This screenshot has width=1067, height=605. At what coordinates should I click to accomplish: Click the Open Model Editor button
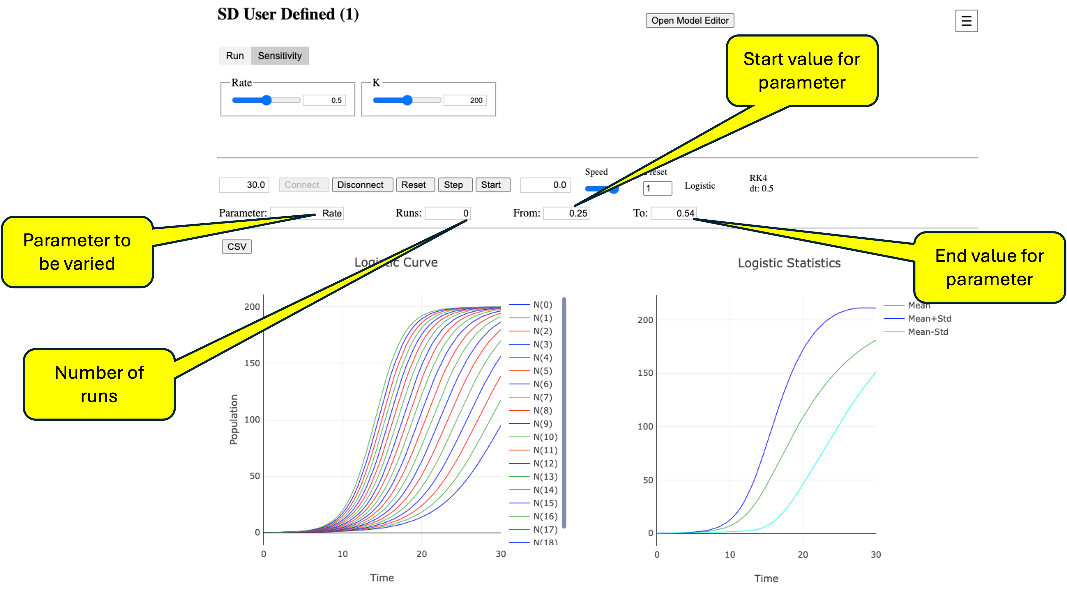690,20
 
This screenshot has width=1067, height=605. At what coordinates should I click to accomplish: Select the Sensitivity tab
280,56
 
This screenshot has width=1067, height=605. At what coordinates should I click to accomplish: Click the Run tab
235,56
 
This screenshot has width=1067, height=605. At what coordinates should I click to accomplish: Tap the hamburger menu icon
966,21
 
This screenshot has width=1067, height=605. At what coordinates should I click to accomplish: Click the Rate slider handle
266,100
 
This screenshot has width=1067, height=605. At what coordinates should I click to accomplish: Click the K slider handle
407,100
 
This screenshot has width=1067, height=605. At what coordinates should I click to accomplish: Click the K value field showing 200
465,100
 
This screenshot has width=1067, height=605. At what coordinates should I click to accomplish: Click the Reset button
414,185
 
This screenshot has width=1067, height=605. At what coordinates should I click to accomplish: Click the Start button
491,185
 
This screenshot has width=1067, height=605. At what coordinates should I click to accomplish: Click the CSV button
236,247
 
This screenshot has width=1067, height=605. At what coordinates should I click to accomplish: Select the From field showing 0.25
566,213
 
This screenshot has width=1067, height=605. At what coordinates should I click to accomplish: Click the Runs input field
447,213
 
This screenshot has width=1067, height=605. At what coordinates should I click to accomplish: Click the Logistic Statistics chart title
789,263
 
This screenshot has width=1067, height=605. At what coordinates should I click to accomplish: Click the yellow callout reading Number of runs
99,384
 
